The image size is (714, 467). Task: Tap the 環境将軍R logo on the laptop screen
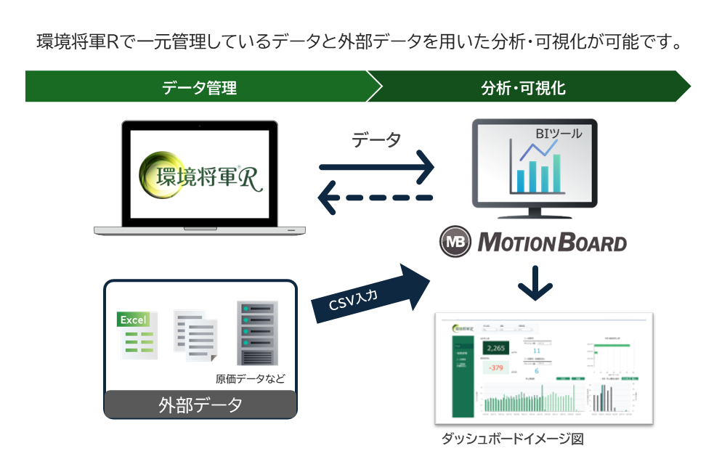[x=200, y=176]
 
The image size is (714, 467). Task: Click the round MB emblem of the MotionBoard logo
[x=455, y=242]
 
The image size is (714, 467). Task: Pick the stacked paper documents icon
[x=196, y=335]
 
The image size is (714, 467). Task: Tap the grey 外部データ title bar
[x=200, y=405]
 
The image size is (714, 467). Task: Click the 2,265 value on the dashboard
[x=496, y=349]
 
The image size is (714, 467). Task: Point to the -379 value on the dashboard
[x=496, y=368]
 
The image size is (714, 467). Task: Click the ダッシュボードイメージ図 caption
[x=512, y=439]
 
